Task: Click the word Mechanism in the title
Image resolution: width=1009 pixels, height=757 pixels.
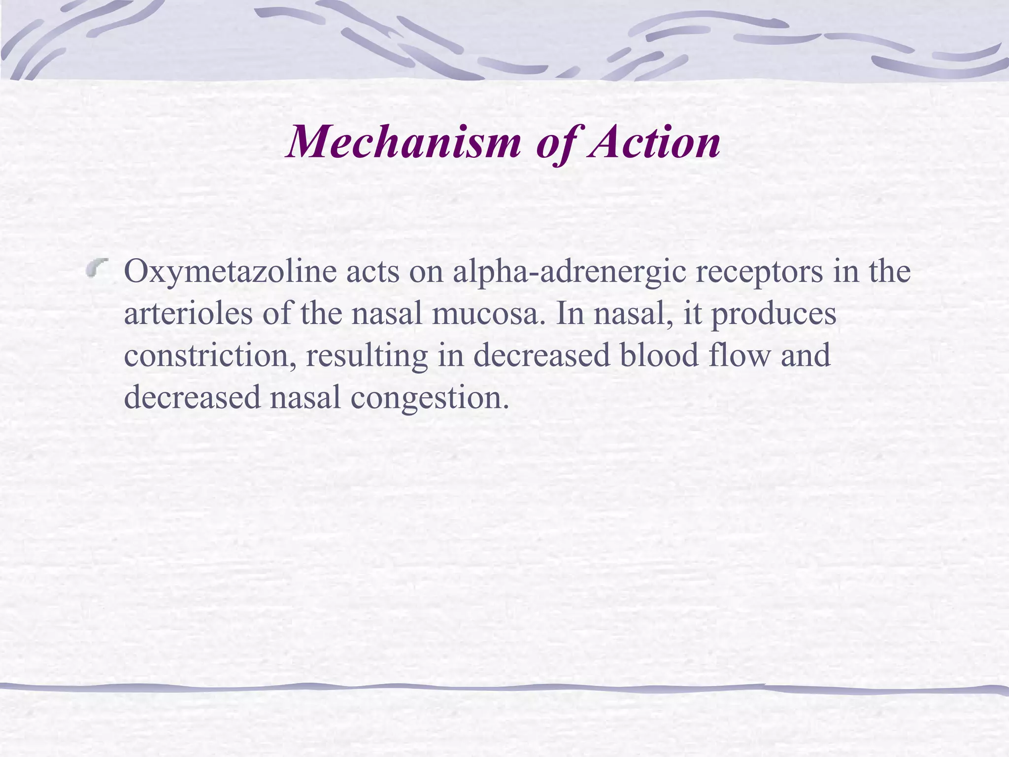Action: [404, 142]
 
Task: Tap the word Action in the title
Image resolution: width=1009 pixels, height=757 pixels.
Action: [654, 142]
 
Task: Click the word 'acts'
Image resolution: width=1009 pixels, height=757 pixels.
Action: [372, 272]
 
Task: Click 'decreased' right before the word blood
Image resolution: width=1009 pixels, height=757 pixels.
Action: [541, 355]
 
